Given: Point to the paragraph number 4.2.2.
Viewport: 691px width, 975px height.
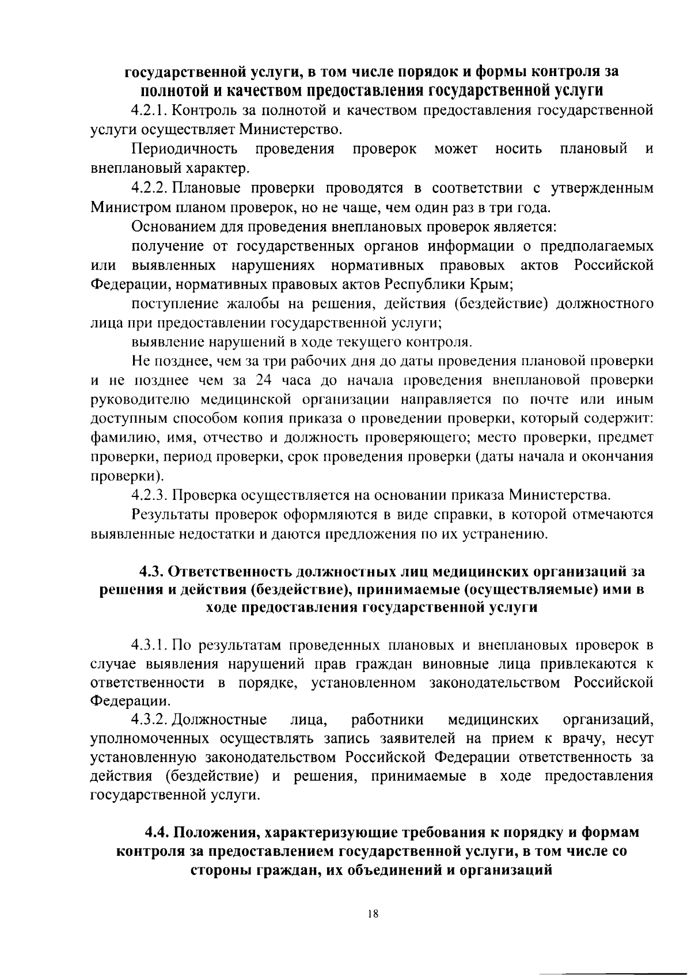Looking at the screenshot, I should pyautogui.click(x=151, y=188).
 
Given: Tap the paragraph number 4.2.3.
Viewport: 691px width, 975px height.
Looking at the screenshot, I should pyautogui.click(x=151, y=495).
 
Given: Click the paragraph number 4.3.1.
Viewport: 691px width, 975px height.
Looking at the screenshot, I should pyautogui.click(x=151, y=644).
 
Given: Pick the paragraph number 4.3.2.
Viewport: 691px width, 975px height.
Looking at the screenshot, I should pyautogui.click(x=151, y=719).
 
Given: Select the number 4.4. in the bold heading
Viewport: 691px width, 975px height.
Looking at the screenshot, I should pyautogui.click(x=158, y=833).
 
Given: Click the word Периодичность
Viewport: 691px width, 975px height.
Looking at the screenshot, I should pyautogui.click(x=184, y=149).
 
